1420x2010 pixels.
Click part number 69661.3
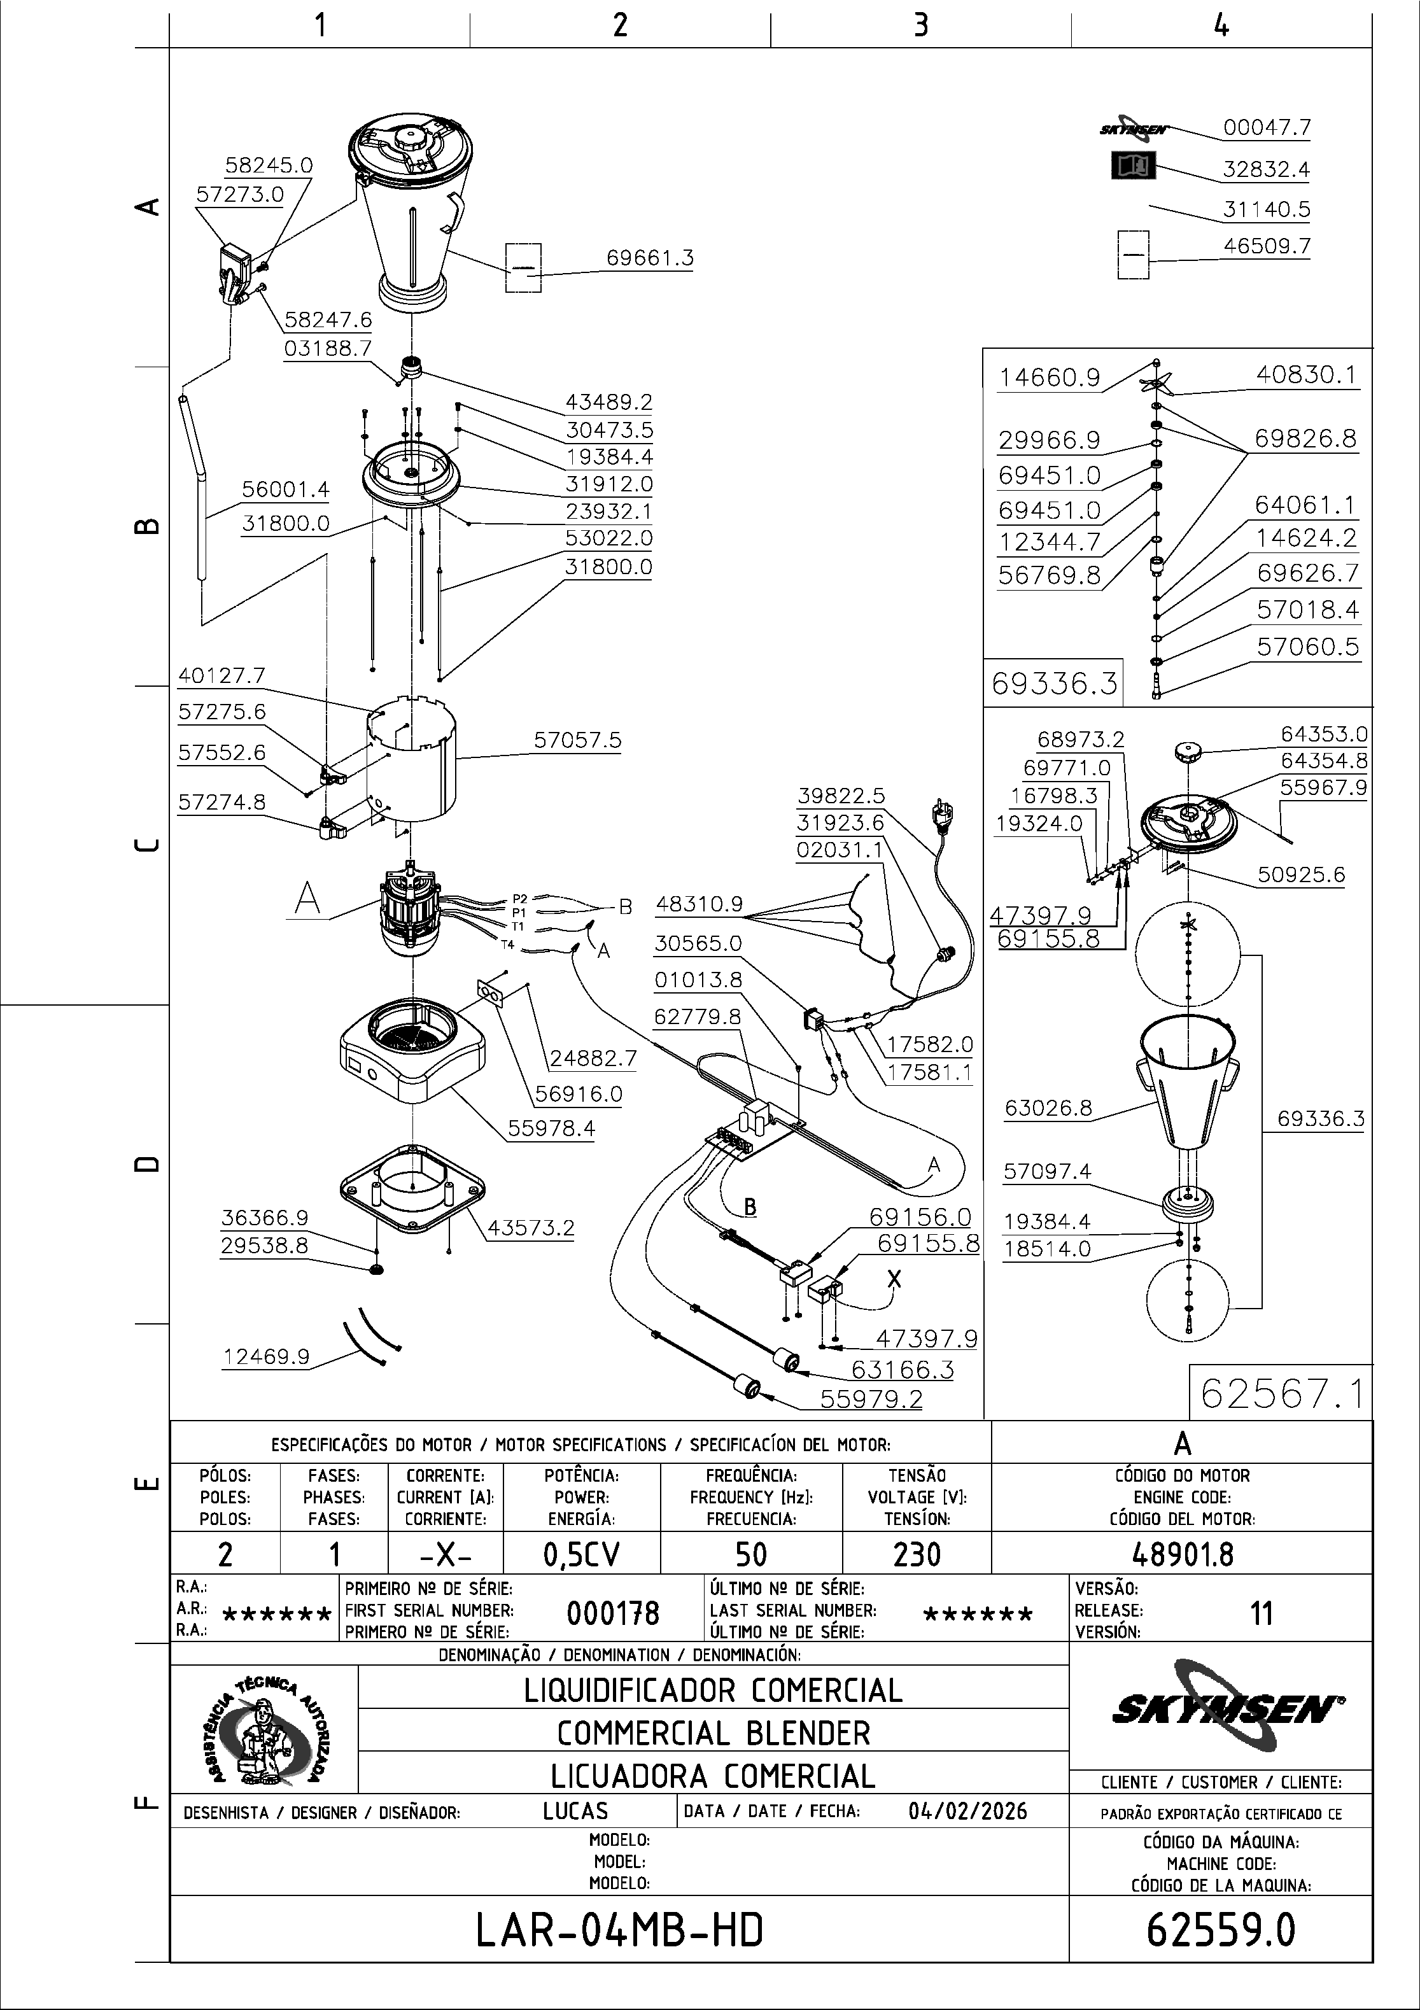click(x=650, y=258)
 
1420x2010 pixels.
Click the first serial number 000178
click(x=613, y=1613)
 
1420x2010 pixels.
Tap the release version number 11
click(x=1261, y=1613)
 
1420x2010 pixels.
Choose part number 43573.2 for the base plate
click(x=531, y=1227)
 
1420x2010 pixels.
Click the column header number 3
click(x=920, y=25)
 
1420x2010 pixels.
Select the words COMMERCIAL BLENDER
click(x=714, y=1732)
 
